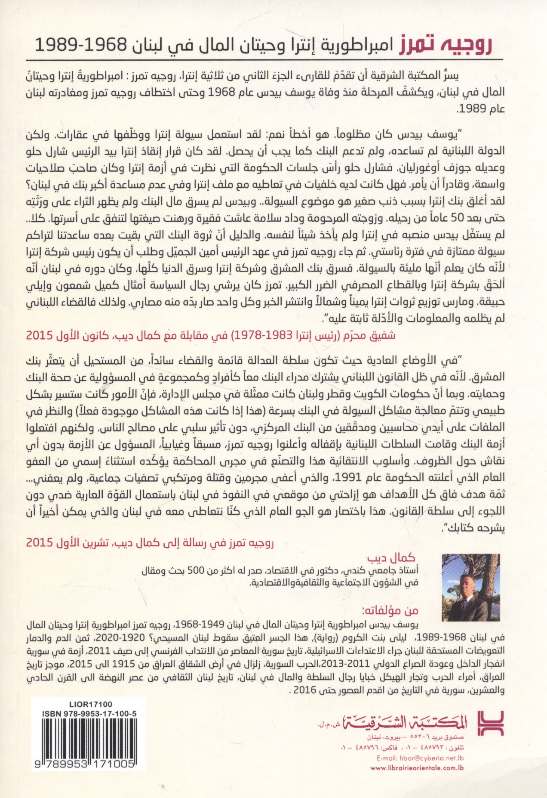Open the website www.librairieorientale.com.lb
click(x=417, y=768)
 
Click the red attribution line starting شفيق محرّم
click(x=211, y=335)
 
